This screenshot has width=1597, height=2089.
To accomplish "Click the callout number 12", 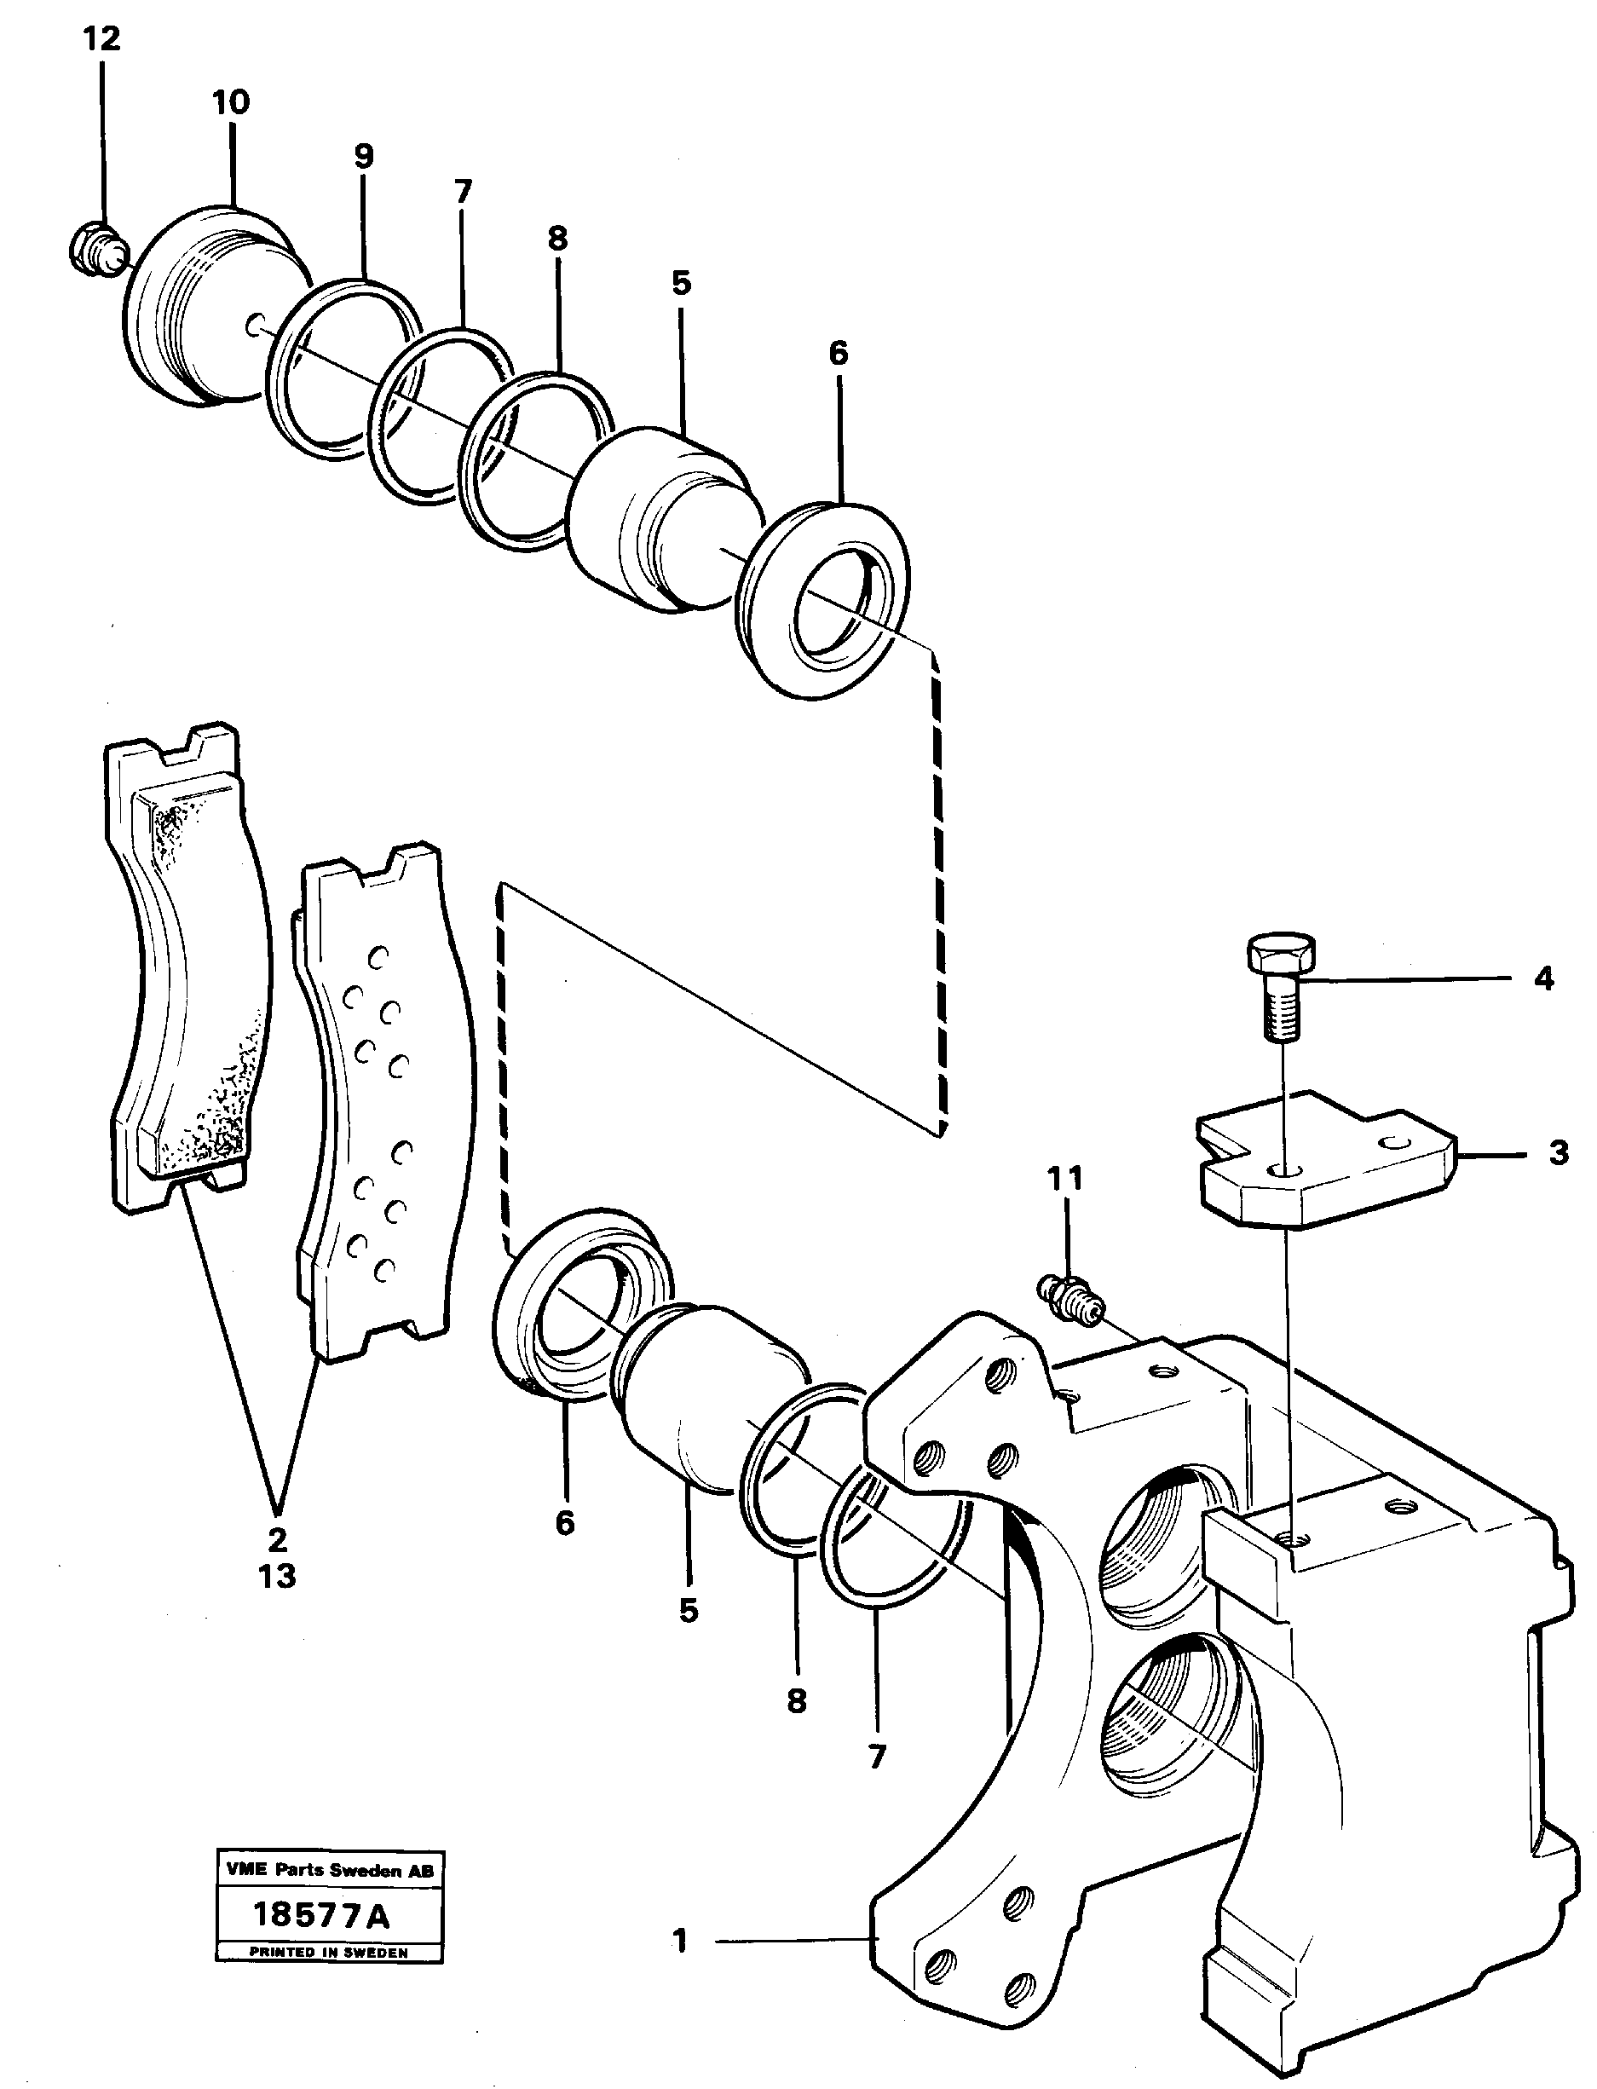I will (x=101, y=40).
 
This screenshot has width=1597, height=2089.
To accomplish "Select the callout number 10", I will (x=231, y=102).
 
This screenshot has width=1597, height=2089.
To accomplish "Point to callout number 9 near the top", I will (x=364, y=156).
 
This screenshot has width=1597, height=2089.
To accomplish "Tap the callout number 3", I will (x=1558, y=1153).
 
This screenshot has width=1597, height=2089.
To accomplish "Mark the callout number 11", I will (x=1065, y=1179).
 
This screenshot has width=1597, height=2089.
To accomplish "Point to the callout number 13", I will (x=277, y=1577).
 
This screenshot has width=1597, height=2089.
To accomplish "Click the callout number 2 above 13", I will (x=277, y=1538).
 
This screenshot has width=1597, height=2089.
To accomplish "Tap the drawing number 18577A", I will (x=321, y=1915).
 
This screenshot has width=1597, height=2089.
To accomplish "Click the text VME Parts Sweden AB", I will (x=329, y=1870).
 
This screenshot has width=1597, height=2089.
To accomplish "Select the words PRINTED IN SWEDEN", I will (x=329, y=1952).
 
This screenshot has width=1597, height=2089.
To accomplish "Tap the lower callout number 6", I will (x=565, y=1523).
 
